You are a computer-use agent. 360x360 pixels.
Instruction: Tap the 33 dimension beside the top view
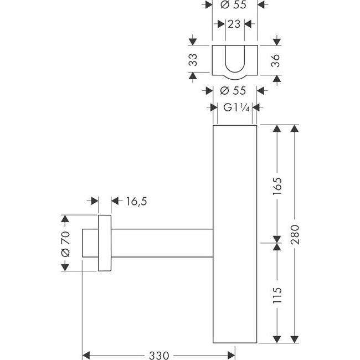coord(193,60)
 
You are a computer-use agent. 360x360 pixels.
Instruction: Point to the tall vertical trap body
coord(235,233)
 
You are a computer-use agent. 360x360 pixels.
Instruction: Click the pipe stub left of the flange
coord(90,243)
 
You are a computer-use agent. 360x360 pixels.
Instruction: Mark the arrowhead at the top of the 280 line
coord(294,128)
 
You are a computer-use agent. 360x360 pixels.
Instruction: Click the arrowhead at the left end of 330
coord(86,353)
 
